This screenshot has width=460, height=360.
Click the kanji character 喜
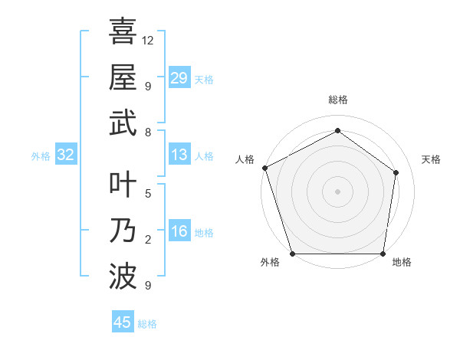pyautogui.click(x=123, y=32)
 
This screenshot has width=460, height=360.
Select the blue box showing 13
pyautogui.click(x=179, y=155)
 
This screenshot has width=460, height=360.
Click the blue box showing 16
pyautogui.click(x=179, y=231)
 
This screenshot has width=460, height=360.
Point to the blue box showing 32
pyautogui.click(x=66, y=155)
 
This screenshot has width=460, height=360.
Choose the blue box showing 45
pyautogui.click(x=123, y=322)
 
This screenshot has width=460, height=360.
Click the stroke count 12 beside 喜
pyautogui.click(x=148, y=40)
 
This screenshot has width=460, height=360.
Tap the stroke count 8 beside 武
pyautogui.click(x=148, y=132)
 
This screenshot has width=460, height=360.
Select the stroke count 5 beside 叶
pyautogui.click(x=148, y=194)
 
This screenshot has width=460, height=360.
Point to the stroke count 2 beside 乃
pyautogui.click(x=148, y=240)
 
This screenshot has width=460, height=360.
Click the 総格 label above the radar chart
pyautogui.click(x=337, y=100)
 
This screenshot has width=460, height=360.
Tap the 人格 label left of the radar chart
pyautogui.click(x=245, y=159)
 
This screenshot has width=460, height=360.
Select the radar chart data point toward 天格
pyautogui.click(x=396, y=172)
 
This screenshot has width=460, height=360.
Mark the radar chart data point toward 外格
pyautogui.click(x=292, y=254)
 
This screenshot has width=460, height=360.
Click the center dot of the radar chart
pyautogui.click(x=337, y=191)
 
